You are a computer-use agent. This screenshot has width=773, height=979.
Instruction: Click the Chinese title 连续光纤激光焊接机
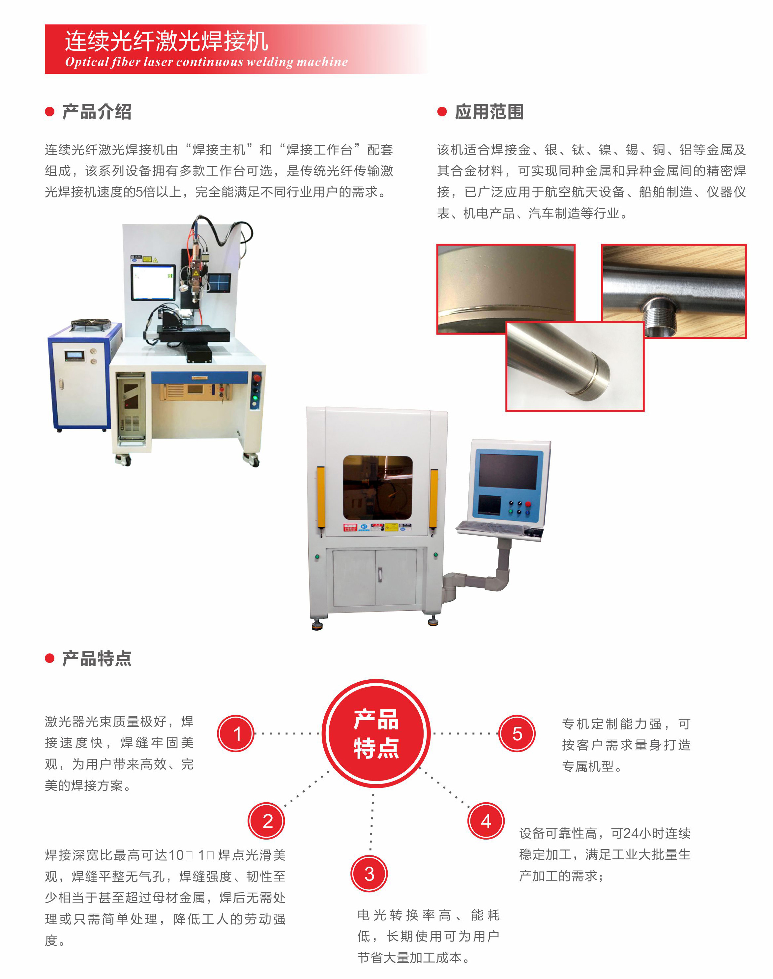pos(166,41)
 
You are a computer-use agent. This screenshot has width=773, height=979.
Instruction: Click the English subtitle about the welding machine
pos(206,62)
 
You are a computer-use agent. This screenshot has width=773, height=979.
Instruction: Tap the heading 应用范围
pos(489,112)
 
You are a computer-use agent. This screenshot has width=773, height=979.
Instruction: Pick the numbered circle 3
pos(369,874)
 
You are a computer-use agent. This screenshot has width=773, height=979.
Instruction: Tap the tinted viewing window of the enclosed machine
pos(377,488)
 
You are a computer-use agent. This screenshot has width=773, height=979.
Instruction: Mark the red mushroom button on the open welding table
pos(257,378)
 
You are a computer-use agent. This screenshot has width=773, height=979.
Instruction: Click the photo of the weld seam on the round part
pos(506,289)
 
